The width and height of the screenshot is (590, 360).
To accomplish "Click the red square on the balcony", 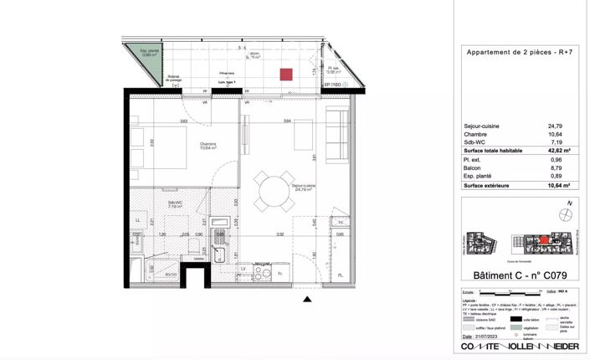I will (285, 74).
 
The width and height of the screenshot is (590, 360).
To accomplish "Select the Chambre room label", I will (208, 145).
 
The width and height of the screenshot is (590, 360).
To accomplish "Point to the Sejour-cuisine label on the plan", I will (301, 188).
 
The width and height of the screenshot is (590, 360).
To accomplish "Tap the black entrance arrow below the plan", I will (307, 297).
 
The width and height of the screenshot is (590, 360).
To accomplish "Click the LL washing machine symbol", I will (137, 221).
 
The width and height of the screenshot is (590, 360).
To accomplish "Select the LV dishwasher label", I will (244, 269).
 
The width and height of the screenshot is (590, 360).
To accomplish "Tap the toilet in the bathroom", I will (193, 246).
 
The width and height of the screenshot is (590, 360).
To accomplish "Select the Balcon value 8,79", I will (555, 168).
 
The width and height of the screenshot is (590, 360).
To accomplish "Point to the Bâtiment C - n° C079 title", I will (512, 275).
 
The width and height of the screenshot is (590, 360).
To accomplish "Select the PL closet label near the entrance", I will (340, 275).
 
